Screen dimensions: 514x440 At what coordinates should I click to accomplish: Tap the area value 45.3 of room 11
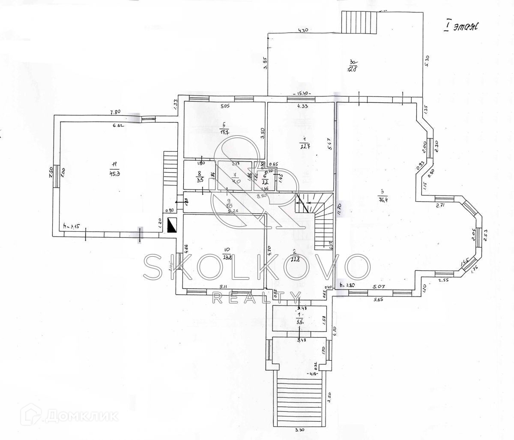click(x=114, y=174)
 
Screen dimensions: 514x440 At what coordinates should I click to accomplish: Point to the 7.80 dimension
click(x=116, y=112)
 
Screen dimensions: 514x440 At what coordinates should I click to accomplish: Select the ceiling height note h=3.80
click(x=347, y=284)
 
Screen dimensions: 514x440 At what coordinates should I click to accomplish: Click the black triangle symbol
click(x=172, y=225)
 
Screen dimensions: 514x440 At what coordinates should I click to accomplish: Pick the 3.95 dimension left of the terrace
click(x=265, y=63)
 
